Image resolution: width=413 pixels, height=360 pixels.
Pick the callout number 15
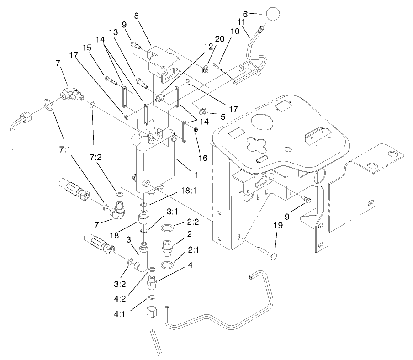[x=87, y=47]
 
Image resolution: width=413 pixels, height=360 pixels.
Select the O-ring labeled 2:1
[x=169, y=266]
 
